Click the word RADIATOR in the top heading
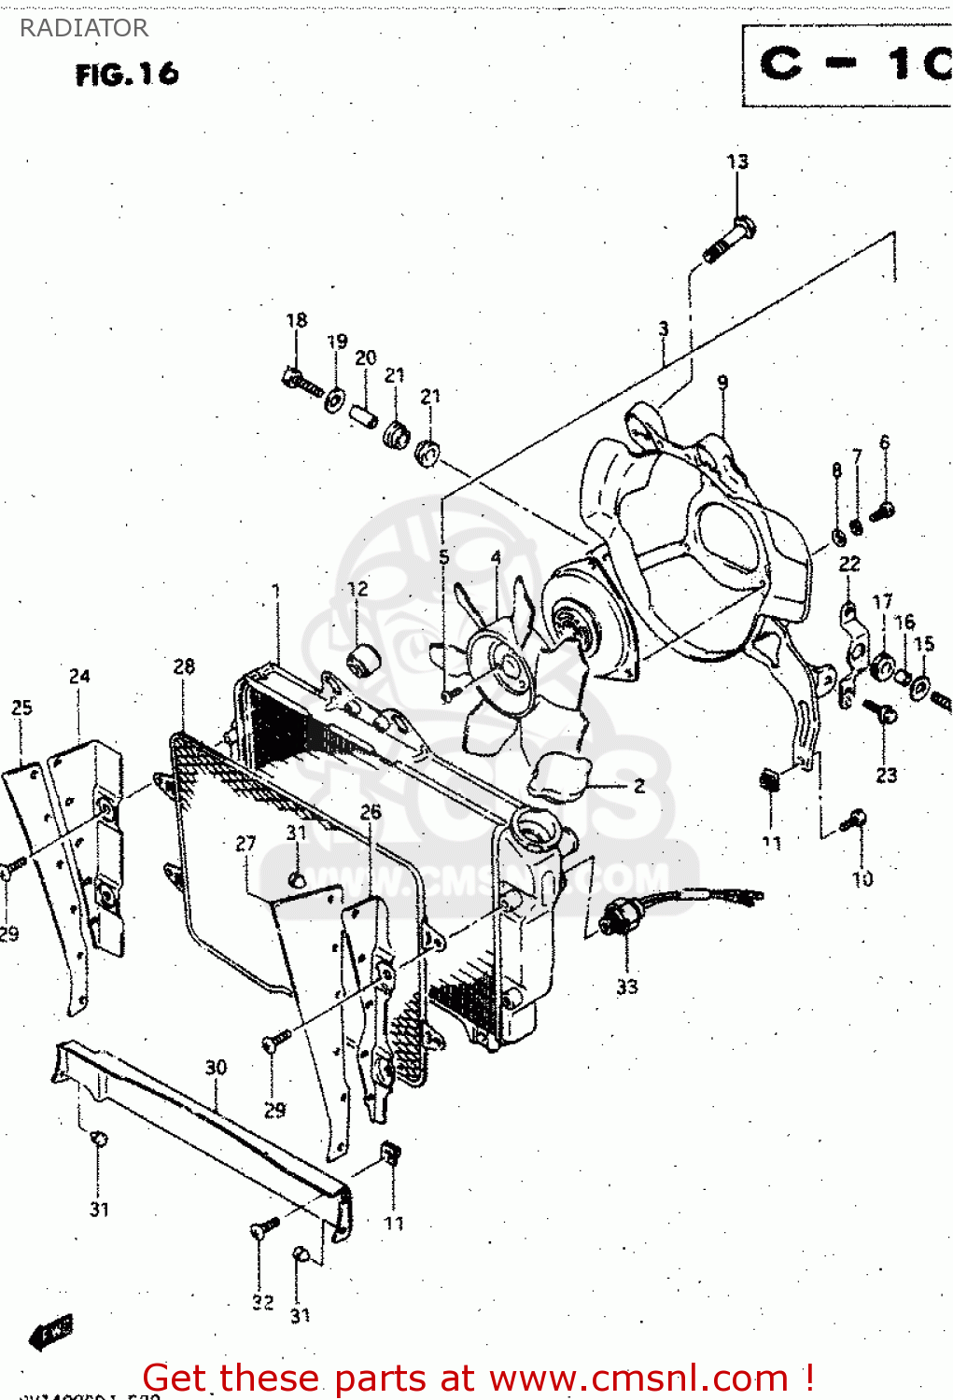click(x=83, y=28)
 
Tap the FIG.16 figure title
click(x=127, y=74)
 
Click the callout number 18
click(x=296, y=320)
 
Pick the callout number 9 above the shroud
click(x=722, y=383)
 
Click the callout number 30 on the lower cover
click(x=216, y=1067)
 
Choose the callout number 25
click(x=21, y=707)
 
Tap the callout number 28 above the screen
click(x=184, y=666)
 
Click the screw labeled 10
click(x=855, y=821)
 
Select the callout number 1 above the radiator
click(x=275, y=591)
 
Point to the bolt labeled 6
click(x=881, y=511)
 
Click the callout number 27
click(x=245, y=844)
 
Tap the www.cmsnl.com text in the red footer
click(x=638, y=1379)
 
